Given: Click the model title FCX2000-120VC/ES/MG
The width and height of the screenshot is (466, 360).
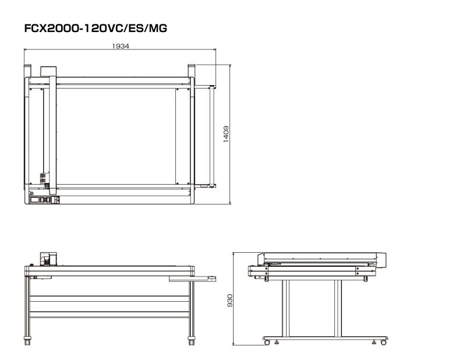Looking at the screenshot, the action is (96, 28).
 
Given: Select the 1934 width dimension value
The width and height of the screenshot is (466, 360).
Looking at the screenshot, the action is (121, 46).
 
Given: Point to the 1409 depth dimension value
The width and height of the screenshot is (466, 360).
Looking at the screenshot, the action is (226, 134).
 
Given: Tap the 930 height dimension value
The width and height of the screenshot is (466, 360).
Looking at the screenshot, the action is (230, 301).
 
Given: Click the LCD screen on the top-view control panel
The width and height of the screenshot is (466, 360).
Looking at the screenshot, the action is (34, 200).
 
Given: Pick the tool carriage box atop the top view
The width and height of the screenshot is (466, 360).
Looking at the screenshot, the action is (48, 70).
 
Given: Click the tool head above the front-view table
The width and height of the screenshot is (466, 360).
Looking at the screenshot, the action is (48, 259).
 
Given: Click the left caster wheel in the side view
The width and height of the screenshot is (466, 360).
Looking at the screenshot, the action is (267, 343).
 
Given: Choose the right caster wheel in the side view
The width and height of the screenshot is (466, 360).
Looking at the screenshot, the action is (384, 343).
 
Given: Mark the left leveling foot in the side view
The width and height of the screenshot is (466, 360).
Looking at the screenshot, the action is (277, 342).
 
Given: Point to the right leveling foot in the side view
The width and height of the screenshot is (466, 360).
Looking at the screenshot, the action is (374, 342).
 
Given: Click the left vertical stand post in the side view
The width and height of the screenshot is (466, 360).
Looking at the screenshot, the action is (285, 308).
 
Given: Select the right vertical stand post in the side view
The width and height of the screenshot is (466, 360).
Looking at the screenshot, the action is (338, 308).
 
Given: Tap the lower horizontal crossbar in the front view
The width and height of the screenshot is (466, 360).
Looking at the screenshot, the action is (110, 315).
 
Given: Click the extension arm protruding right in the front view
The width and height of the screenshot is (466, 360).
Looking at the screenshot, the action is (192, 279).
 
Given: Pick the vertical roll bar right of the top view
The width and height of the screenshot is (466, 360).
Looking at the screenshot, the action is (211, 136).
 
